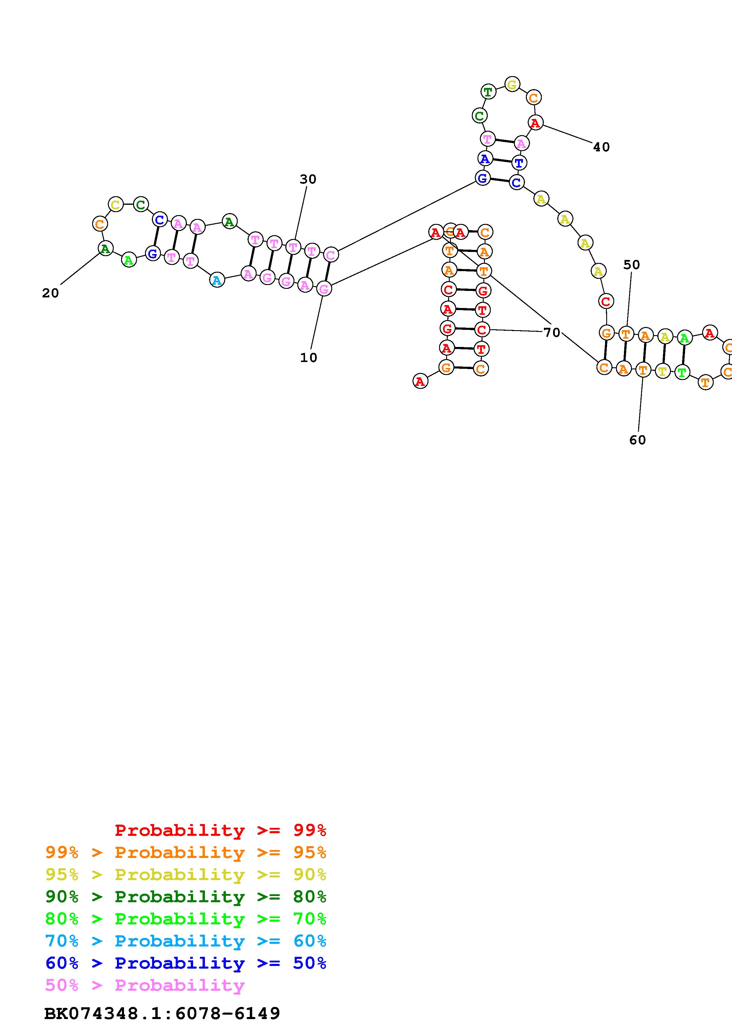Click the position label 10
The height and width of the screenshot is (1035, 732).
(x=309, y=358)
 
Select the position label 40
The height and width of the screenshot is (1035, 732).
(x=601, y=147)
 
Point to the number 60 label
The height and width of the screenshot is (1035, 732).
(x=637, y=440)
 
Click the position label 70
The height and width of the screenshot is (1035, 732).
(x=552, y=333)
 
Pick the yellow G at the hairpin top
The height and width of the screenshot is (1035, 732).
(x=512, y=84)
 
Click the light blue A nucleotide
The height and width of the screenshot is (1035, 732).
(x=217, y=280)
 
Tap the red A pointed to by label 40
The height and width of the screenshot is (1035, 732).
(x=535, y=123)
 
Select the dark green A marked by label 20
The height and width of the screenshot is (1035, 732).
(x=105, y=248)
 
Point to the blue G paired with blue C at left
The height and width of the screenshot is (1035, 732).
(x=153, y=254)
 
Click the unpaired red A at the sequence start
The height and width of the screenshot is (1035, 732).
(x=420, y=381)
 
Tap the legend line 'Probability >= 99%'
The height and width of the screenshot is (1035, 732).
(x=220, y=830)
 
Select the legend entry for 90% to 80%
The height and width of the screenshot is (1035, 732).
(x=186, y=897)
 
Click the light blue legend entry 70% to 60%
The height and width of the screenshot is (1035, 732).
(x=186, y=941)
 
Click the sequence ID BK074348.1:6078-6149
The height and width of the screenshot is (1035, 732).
(x=162, y=1014)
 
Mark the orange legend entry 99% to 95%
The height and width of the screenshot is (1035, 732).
(x=186, y=852)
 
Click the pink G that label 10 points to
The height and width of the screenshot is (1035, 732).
(x=323, y=289)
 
